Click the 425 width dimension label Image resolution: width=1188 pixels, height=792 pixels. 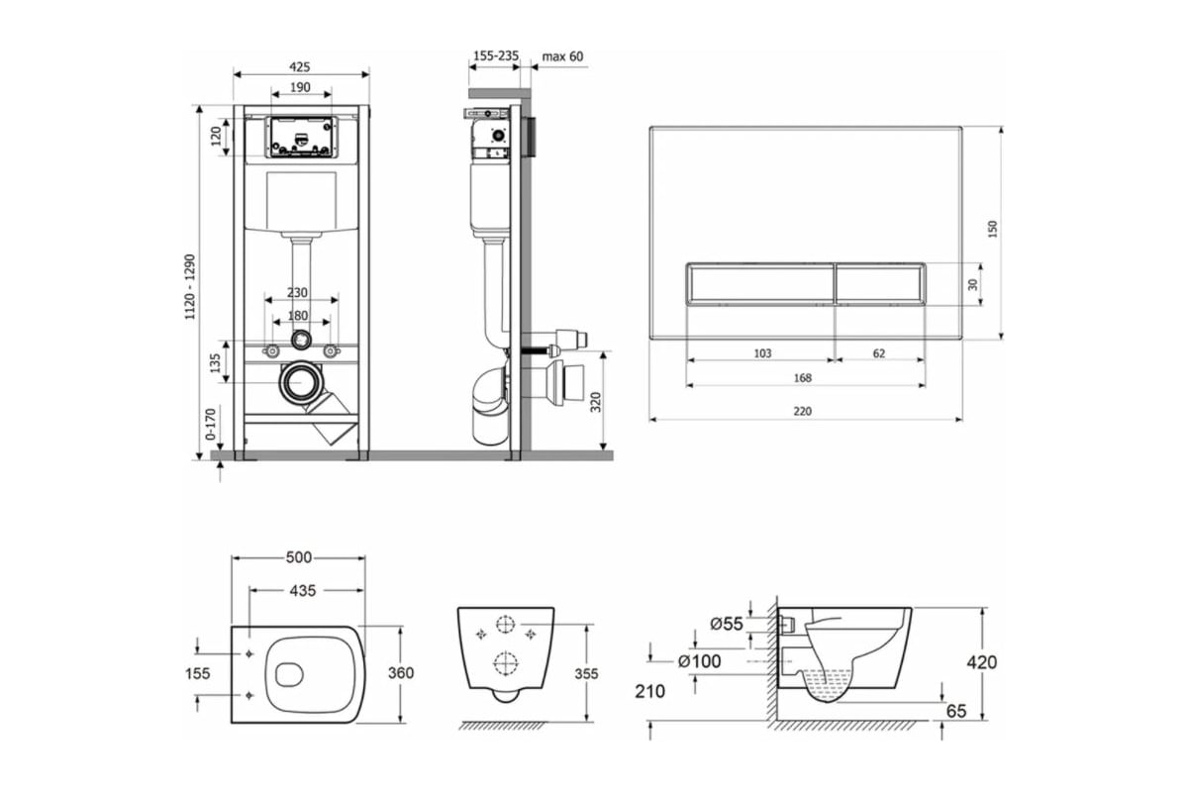300,66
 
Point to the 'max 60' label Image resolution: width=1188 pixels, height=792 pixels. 562,56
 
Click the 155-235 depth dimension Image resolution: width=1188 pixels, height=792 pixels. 495,56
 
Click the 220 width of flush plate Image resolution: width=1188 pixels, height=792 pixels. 802,411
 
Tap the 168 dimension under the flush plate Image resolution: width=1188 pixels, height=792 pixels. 802,377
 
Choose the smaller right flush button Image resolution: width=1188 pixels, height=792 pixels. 878,283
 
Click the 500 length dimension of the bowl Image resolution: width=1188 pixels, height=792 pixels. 299,557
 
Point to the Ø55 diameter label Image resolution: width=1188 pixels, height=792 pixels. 727,624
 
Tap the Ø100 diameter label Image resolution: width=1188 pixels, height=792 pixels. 699,661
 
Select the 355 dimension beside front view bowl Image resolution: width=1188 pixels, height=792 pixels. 586,673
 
